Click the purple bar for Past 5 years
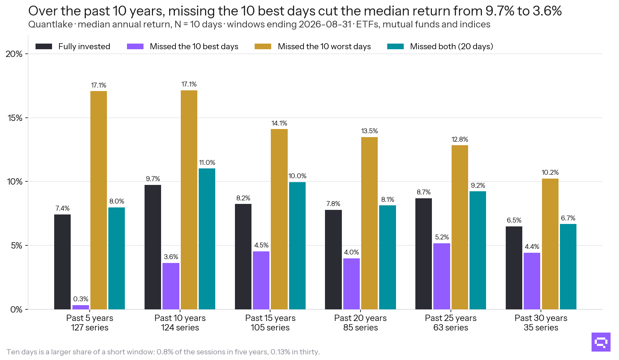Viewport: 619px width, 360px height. click(x=81, y=307)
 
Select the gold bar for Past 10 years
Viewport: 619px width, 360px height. click(x=189, y=200)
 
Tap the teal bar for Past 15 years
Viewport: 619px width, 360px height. click(x=297, y=246)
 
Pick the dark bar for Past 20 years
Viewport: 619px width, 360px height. click(x=333, y=259)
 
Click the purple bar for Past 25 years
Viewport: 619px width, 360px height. click(x=442, y=276)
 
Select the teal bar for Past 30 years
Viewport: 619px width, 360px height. click(x=568, y=266)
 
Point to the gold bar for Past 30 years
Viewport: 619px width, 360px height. click(x=550, y=244)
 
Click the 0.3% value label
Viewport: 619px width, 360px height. click(x=81, y=299)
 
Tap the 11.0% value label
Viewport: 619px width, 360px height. click(x=207, y=162)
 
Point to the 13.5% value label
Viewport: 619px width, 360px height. click(x=369, y=131)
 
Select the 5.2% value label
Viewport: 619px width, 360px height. click(x=442, y=237)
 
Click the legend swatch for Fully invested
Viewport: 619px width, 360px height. click(x=44, y=46)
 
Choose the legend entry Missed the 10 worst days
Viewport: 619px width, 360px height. click(x=313, y=46)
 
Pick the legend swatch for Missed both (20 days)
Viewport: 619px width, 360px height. click(x=395, y=46)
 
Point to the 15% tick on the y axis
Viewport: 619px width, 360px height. click(x=15, y=118)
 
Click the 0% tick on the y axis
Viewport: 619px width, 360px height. click(x=17, y=309)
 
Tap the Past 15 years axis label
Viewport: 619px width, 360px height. click(x=270, y=318)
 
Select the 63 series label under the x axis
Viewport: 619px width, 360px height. click(x=451, y=328)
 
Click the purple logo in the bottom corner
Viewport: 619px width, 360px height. click(x=601, y=342)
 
